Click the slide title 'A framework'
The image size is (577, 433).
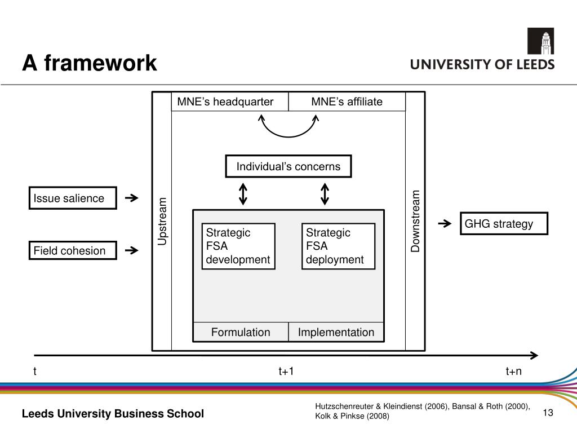(90, 63)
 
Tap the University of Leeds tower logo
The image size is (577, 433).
(540, 42)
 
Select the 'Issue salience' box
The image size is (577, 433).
(73, 198)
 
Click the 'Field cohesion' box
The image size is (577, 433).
(73, 250)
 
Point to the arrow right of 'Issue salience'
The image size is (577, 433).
(131, 198)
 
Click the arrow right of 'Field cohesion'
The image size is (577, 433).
(131, 250)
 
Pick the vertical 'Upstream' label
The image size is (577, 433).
(162, 221)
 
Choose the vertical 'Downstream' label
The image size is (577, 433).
(416, 221)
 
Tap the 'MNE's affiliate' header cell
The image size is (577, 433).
(347, 101)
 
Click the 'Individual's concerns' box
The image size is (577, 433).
(288, 166)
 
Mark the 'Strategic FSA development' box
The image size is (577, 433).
(238, 246)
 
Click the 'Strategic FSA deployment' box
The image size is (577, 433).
(338, 246)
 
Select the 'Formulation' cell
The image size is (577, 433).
(241, 332)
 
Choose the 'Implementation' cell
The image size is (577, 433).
(336, 332)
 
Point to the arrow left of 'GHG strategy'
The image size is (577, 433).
(445, 224)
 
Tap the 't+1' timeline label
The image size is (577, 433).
(286, 371)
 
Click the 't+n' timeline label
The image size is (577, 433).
(513, 371)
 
